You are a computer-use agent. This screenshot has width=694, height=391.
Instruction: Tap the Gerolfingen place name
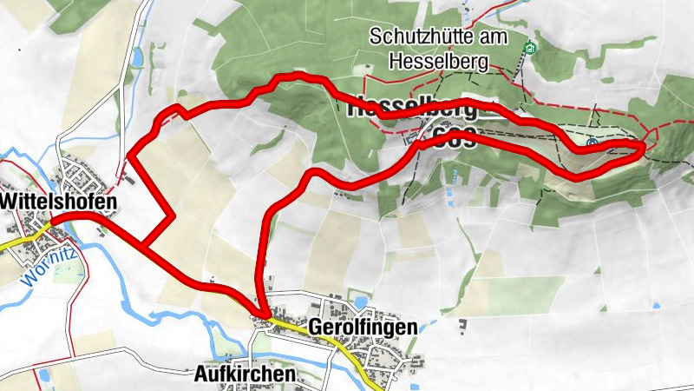tap(363, 327)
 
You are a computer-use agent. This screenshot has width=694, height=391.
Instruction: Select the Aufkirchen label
tap(244, 374)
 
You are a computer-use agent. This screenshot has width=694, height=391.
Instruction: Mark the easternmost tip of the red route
tap(643, 148)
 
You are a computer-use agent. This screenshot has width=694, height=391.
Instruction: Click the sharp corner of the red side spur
tap(173, 215)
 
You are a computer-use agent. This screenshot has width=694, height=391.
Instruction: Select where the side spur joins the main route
tap(142, 248)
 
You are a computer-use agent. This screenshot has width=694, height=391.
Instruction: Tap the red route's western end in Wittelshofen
tap(50, 222)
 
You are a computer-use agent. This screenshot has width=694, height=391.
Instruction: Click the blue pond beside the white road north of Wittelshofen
tap(137, 57)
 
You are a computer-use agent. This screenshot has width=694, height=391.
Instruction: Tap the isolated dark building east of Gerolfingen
tap(462, 326)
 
